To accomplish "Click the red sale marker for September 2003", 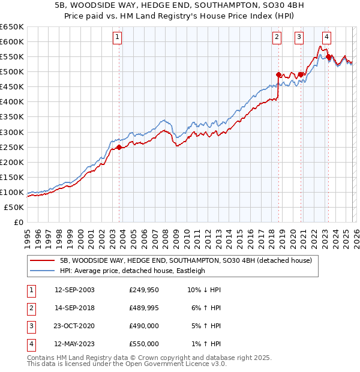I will tap(119, 147).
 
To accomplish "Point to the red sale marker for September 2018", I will tap(278, 75).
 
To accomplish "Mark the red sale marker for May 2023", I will tap(328, 57).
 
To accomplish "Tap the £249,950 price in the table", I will tap(144, 290).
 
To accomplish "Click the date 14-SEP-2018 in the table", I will tap(74, 308).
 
